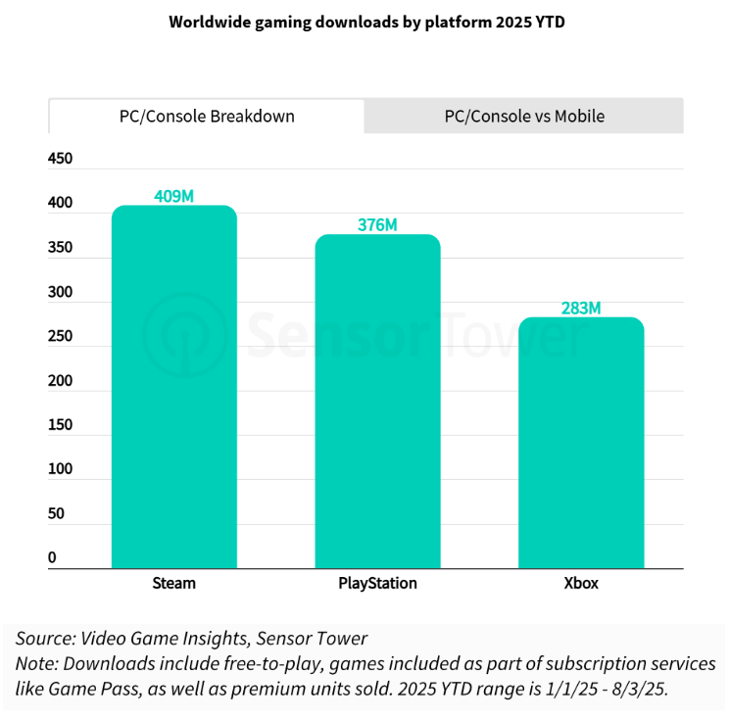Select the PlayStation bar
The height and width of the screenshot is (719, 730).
pyautogui.click(x=377, y=402)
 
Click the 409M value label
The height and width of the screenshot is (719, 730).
pyautogui.click(x=174, y=196)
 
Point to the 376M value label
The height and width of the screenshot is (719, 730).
pyautogui.click(x=377, y=225)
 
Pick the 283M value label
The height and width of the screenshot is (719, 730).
pyautogui.click(x=580, y=309)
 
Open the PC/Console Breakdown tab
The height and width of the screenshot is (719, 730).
pyautogui.click(x=206, y=116)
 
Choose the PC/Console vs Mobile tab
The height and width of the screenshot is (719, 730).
pyautogui.click(x=524, y=116)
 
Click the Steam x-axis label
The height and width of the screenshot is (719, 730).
pyautogui.click(x=173, y=583)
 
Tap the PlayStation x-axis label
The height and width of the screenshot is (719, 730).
pyautogui.click(x=377, y=583)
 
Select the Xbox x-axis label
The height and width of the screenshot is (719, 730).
pyautogui.click(x=580, y=583)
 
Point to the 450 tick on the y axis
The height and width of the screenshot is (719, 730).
pyautogui.click(x=60, y=160)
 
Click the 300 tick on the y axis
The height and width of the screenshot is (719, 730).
pyautogui.click(x=60, y=292)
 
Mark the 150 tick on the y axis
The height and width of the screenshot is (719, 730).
pyautogui.click(x=60, y=425)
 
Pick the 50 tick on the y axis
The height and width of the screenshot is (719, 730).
pyautogui.click(x=56, y=513)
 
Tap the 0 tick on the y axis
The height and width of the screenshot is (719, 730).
pyautogui.click(x=52, y=557)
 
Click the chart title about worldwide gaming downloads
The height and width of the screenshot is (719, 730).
pyautogui.click(x=366, y=23)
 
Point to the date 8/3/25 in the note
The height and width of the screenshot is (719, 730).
pyautogui.click(x=639, y=689)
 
